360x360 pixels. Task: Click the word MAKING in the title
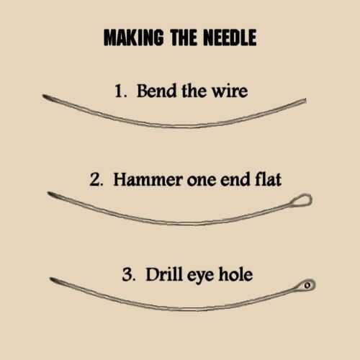(x=134, y=37)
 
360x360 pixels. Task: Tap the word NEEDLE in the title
(x=230, y=37)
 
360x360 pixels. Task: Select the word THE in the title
(x=184, y=37)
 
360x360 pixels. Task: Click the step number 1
(x=120, y=91)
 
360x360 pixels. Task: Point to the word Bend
(x=157, y=91)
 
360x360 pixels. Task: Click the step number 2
(x=96, y=179)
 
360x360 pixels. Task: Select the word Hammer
(x=148, y=179)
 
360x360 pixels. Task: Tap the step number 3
(x=129, y=274)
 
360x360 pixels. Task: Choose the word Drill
(x=164, y=274)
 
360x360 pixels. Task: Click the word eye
(x=200, y=276)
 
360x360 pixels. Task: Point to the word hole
(x=235, y=274)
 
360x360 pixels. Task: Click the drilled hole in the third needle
(x=307, y=285)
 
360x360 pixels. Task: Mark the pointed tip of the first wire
(x=43, y=96)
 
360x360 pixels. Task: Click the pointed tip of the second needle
(x=48, y=193)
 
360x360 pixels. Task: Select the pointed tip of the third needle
(x=50, y=279)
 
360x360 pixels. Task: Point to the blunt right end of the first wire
(x=306, y=101)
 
